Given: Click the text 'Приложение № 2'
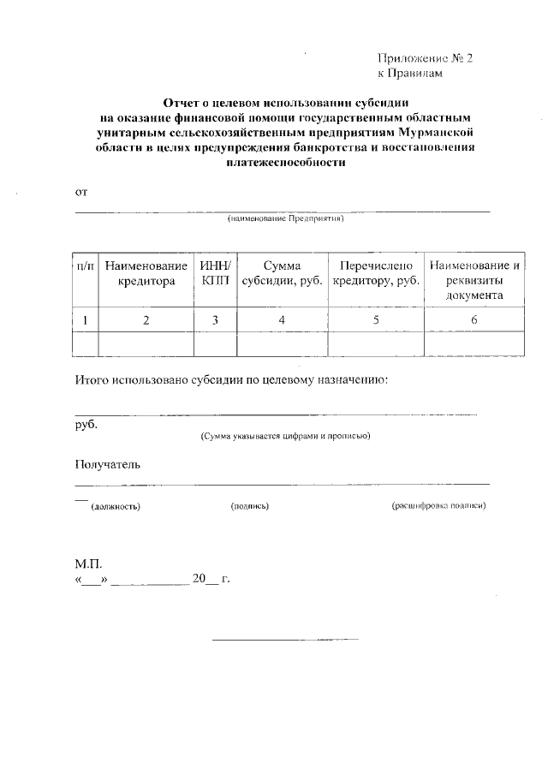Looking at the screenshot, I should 424,59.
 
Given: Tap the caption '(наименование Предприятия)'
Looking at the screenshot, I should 284,219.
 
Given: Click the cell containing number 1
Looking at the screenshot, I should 85,320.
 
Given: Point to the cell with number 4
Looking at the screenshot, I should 282,320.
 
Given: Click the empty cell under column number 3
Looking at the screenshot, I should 215,343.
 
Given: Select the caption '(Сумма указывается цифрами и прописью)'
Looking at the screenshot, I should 285,436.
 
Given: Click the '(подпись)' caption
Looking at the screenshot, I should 250,506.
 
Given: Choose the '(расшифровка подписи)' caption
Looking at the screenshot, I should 438,506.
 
